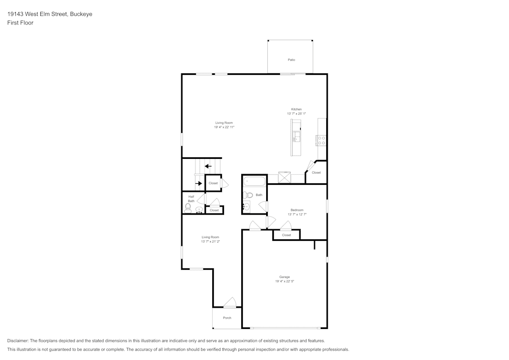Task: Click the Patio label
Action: coord(291,60)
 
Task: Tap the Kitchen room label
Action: coord(296,109)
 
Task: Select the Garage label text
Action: coord(285,277)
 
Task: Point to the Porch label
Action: coord(227,318)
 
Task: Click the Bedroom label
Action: coord(297,210)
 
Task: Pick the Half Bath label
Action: coord(191,199)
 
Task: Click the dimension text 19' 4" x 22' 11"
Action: coord(224,127)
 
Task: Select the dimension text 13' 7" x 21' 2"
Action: coord(210,241)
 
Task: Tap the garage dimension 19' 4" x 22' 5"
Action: coord(285,282)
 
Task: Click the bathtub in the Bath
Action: coord(254,181)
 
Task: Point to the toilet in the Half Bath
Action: coord(188,208)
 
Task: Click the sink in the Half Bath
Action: coord(199,210)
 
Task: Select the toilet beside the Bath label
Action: coord(248,195)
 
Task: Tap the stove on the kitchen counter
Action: coord(321,140)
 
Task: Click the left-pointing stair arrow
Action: coord(208,166)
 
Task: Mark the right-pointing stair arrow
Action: coord(199,183)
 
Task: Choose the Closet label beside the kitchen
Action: coord(316,173)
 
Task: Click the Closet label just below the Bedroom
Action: coord(287,235)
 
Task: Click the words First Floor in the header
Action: coord(20,23)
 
